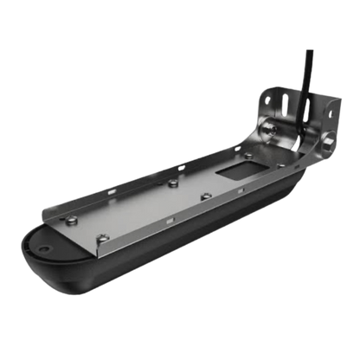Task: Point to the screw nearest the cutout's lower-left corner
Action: [205, 197]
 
